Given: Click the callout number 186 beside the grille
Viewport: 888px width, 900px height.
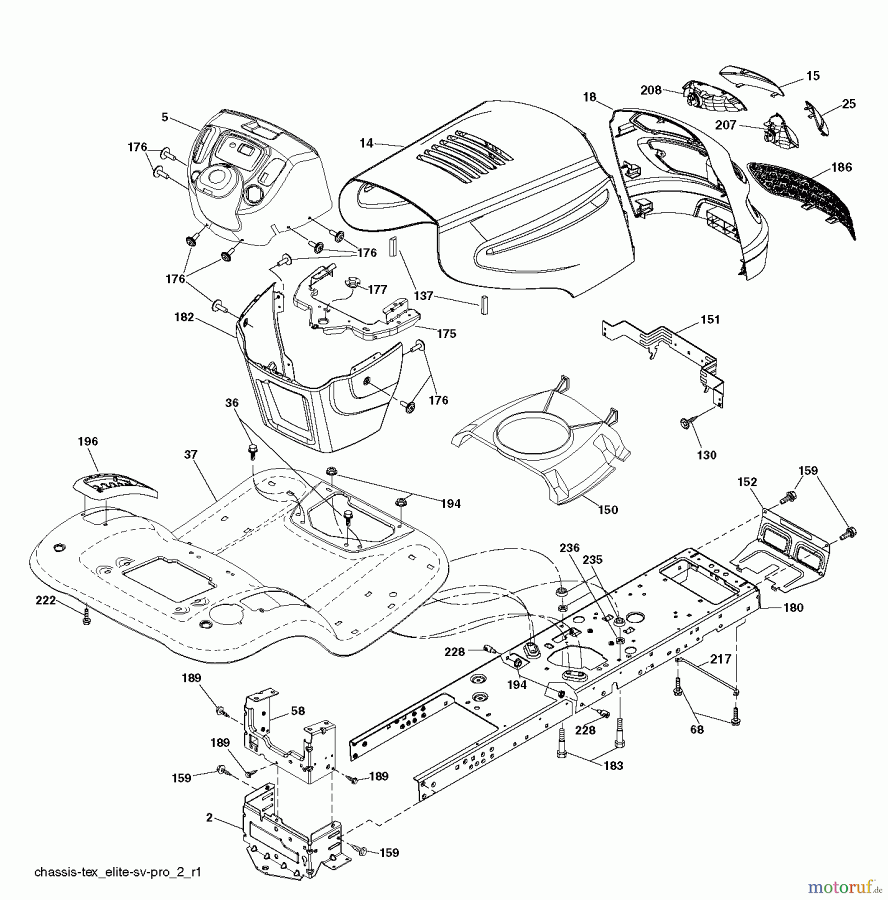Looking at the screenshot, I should [x=841, y=167].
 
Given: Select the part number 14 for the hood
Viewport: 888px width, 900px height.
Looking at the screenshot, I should [x=366, y=143].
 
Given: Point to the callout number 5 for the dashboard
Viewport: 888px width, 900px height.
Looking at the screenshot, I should [x=164, y=116].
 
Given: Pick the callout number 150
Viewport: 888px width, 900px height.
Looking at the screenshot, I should [x=608, y=510].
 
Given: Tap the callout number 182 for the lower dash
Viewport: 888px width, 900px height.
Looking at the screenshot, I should [x=183, y=317].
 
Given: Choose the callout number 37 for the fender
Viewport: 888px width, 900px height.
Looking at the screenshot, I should [x=190, y=454].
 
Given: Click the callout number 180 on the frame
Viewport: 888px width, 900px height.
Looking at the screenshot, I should [x=793, y=607].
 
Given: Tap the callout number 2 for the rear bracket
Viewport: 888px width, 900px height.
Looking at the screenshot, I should [x=209, y=818].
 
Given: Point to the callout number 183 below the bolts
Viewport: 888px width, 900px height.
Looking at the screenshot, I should [x=613, y=765].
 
